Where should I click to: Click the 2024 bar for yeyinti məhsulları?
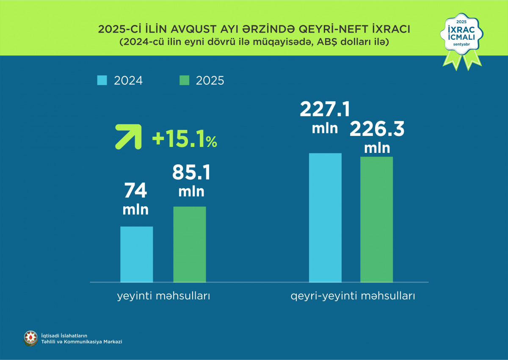pos(137,254)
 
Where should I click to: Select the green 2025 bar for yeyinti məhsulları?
pos(190,244)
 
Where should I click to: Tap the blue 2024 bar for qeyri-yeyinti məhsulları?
pos(325,217)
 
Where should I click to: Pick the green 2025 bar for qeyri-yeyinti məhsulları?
pos(376,219)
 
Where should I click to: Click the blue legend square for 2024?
pos(102,80)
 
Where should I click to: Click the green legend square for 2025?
pos(184,80)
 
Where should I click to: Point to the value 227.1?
pos(325,109)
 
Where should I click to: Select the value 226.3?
pos(377,130)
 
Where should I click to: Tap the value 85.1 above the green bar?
pos(191,173)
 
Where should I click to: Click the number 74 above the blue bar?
pos(135,191)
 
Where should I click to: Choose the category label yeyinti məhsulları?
pos(163,296)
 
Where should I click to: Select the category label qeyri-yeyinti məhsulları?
pos(353,296)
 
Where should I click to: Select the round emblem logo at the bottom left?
pos(30,338)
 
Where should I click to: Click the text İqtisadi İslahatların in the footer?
pos(64,335)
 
